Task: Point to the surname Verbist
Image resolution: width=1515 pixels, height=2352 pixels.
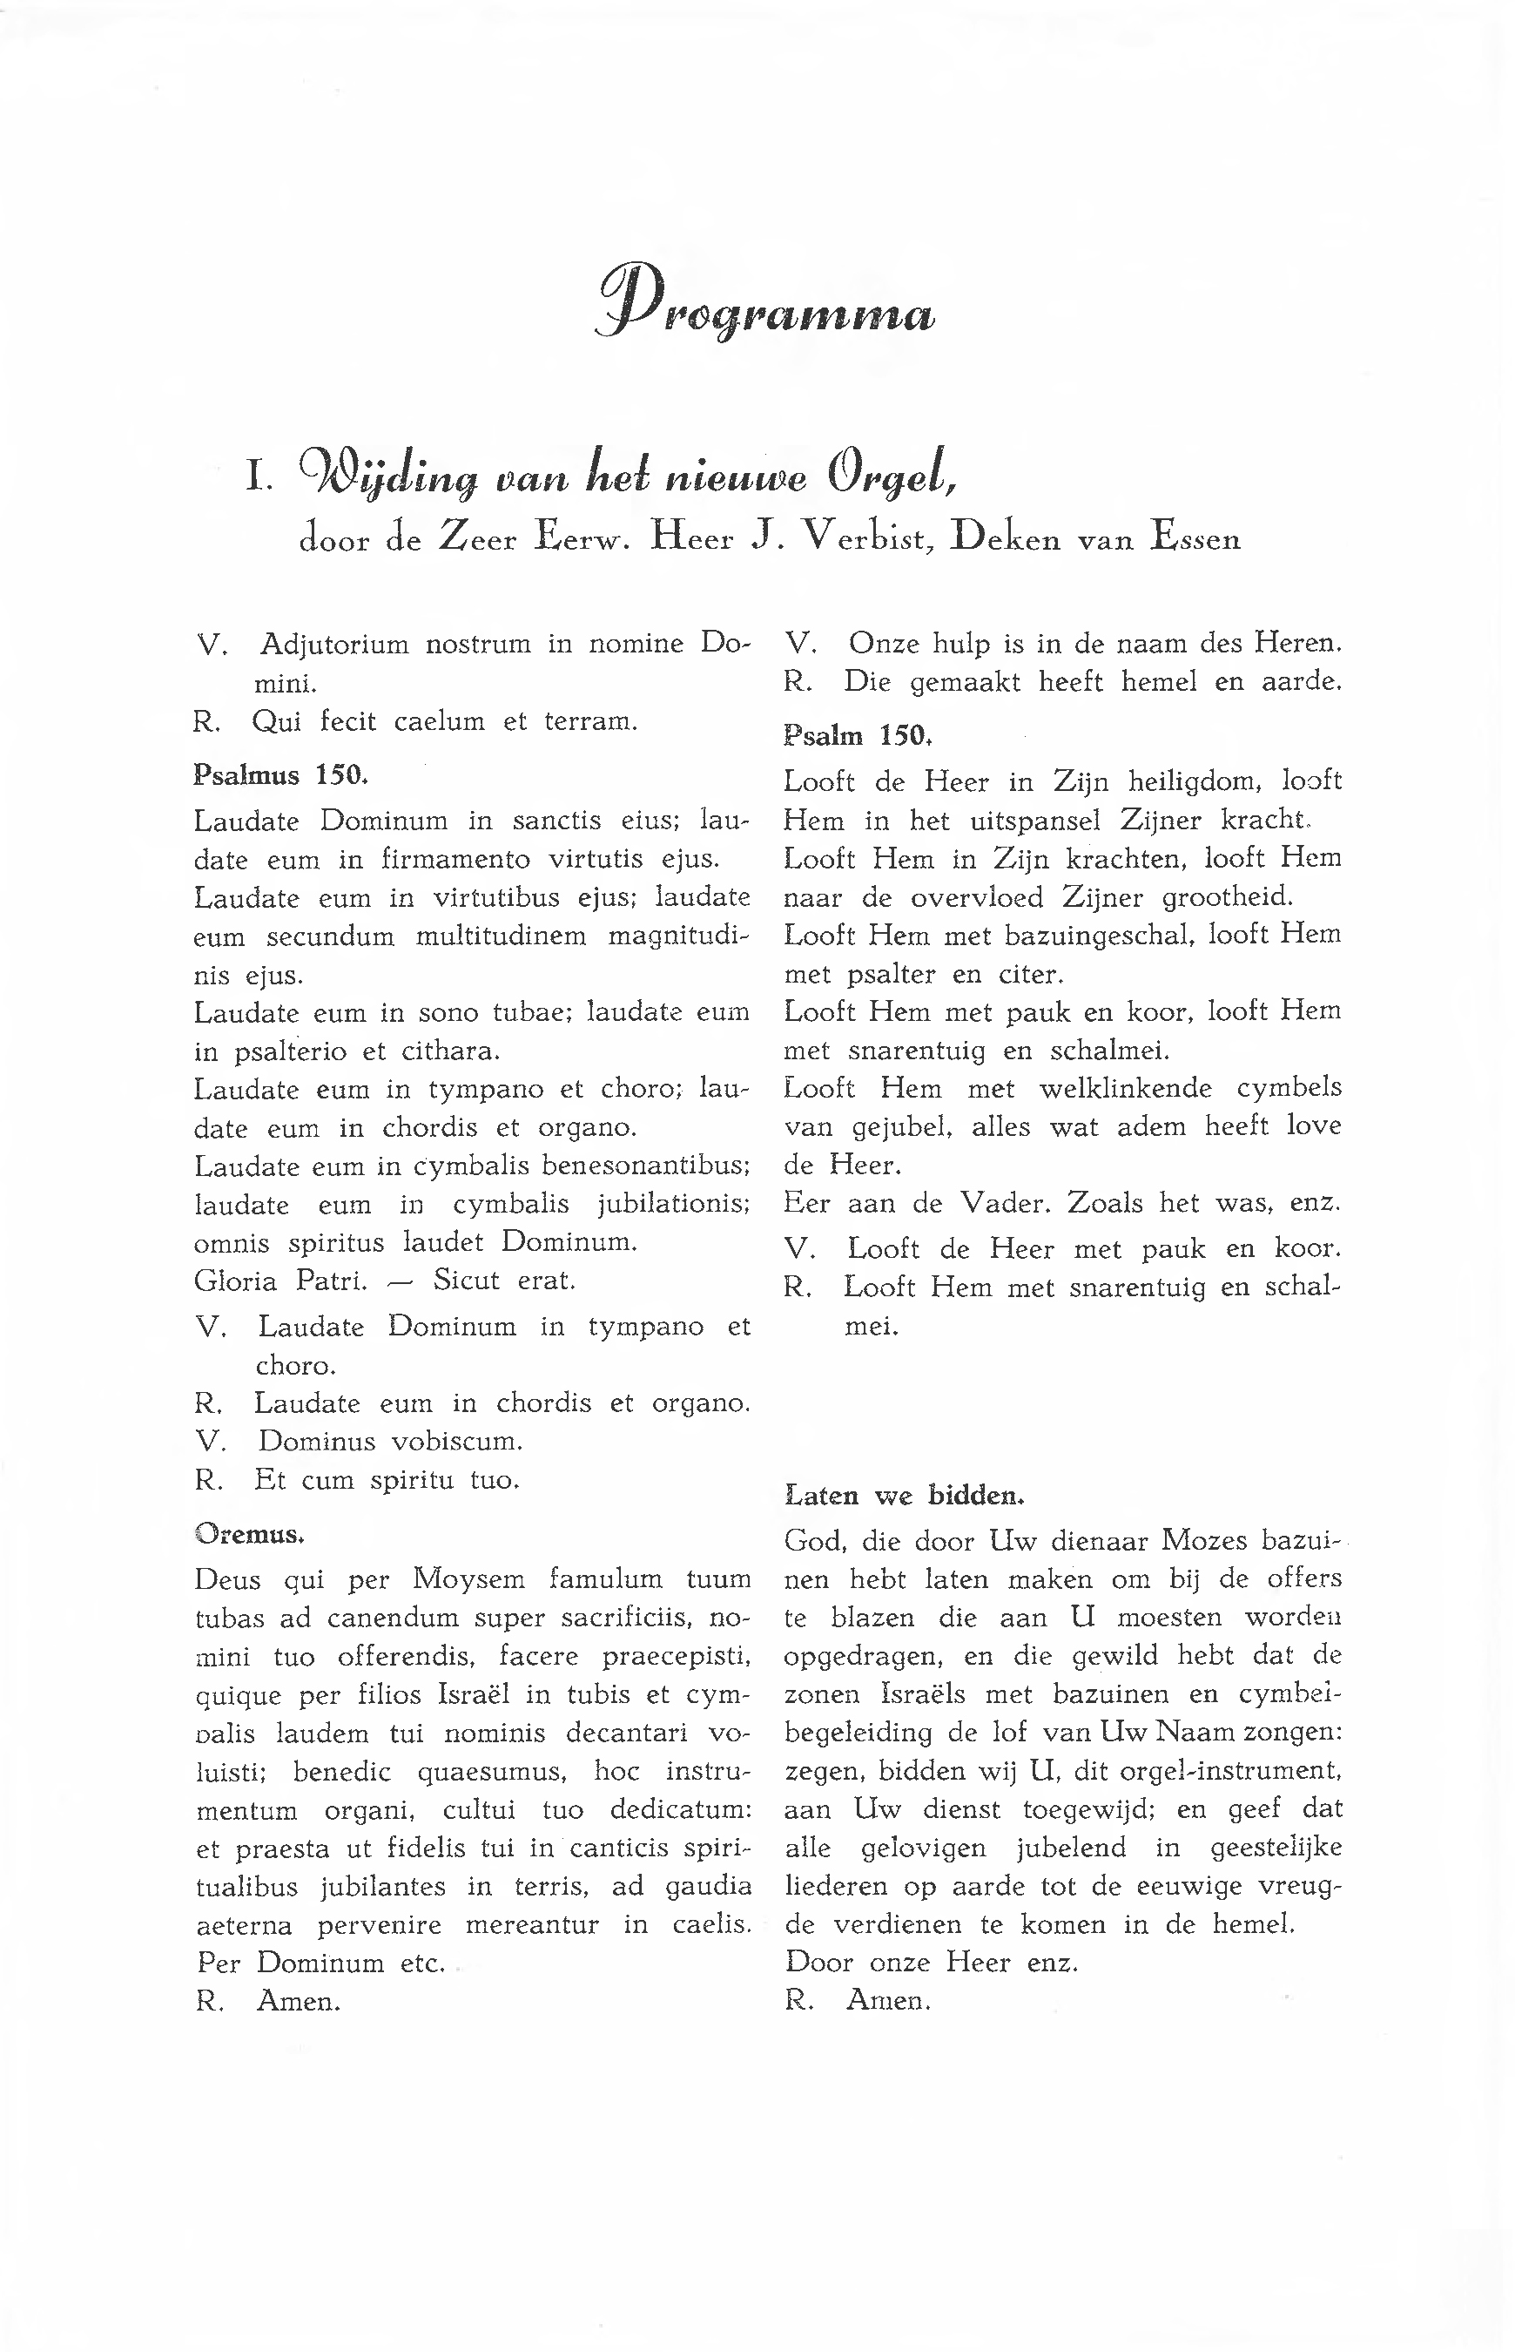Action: pyautogui.click(x=869, y=538)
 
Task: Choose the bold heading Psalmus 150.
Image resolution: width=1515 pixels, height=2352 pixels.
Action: pyautogui.click(x=280, y=774)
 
